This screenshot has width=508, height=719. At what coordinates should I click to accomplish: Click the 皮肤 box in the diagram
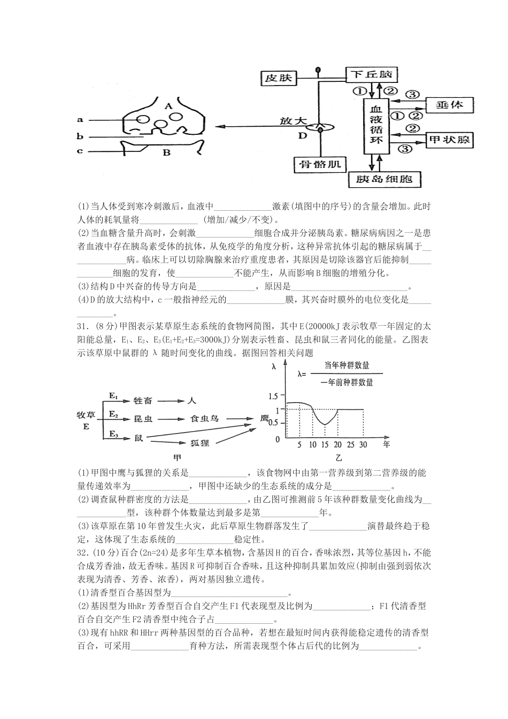click(x=279, y=79)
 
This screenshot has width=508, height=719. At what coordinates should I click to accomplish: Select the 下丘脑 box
click(x=372, y=74)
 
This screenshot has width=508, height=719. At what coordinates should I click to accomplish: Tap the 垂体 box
click(x=449, y=105)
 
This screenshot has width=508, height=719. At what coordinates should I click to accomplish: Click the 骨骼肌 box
click(x=320, y=165)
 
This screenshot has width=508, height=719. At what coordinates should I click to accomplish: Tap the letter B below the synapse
click(x=166, y=152)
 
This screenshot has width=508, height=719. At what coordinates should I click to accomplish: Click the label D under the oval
click(x=303, y=136)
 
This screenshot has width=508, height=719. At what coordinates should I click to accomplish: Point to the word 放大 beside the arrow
click(x=293, y=121)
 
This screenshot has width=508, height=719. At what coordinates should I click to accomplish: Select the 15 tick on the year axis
click(x=325, y=445)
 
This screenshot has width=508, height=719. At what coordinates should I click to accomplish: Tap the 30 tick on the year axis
click(x=364, y=445)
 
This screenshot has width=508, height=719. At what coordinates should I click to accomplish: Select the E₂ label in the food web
click(x=113, y=414)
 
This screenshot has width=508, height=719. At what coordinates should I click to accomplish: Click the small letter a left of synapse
click(x=80, y=120)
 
